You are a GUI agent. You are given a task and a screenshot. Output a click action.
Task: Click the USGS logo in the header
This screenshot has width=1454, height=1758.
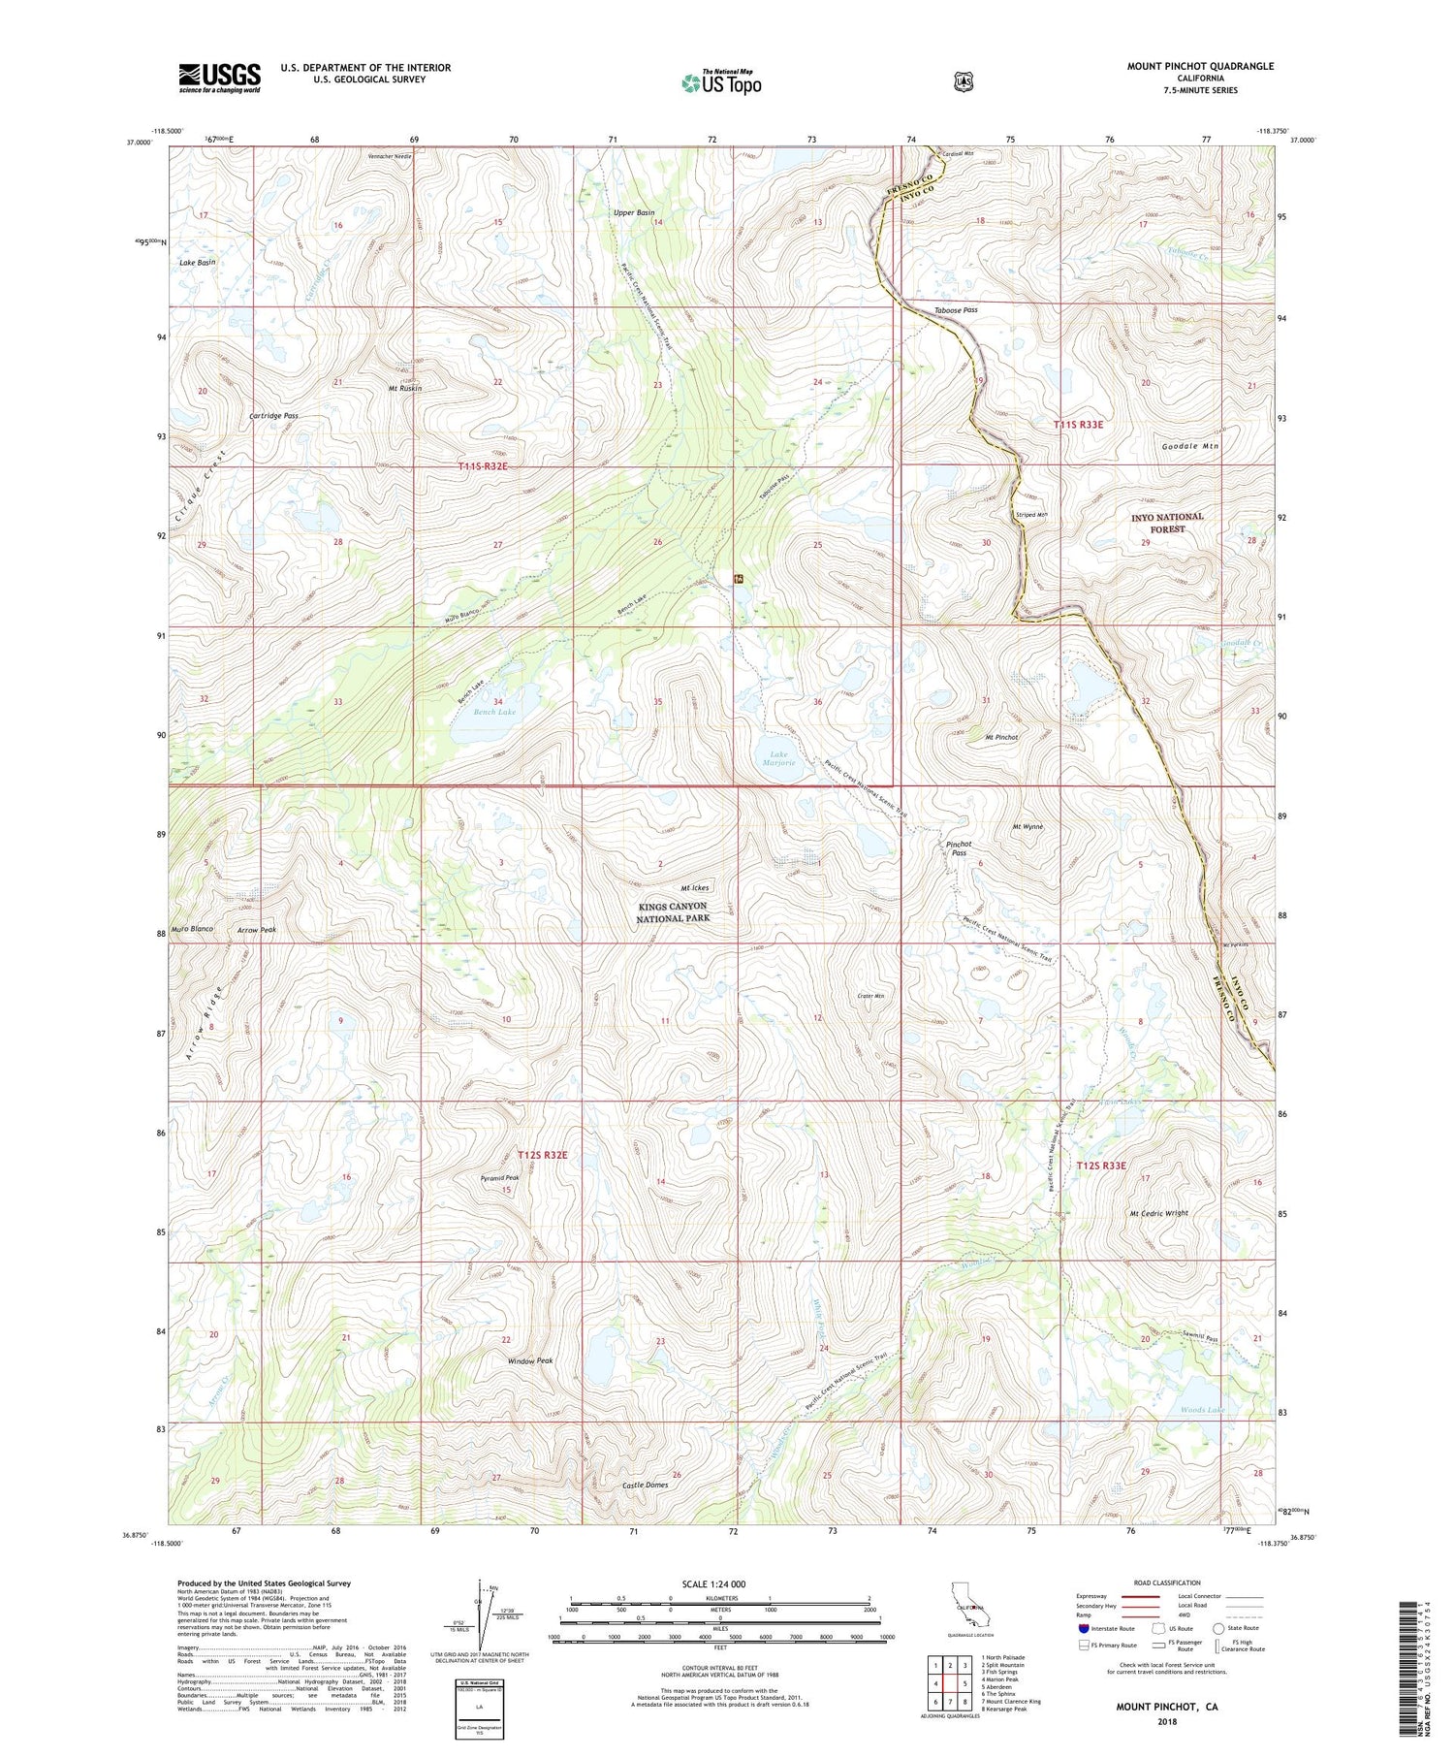point(219,78)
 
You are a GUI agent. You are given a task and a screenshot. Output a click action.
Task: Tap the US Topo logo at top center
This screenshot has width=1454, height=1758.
point(721,82)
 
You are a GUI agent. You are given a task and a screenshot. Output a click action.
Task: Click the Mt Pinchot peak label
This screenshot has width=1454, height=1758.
point(1001,738)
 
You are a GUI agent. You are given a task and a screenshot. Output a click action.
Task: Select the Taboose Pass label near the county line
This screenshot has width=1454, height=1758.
point(956,310)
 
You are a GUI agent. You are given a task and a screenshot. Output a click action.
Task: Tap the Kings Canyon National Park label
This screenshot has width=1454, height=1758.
point(674,911)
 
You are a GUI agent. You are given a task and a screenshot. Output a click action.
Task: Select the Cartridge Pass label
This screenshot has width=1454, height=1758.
point(273,415)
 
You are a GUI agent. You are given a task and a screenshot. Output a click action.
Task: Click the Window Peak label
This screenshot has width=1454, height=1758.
point(530,1360)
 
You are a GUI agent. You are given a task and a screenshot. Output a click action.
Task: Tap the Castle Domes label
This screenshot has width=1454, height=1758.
point(645,1485)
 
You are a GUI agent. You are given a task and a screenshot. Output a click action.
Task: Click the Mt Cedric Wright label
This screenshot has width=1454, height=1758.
point(1158,1213)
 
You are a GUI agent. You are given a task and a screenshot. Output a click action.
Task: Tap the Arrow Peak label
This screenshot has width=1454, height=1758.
point(257,930)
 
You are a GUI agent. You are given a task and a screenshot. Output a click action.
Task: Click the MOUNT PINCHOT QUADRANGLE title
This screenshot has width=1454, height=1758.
point(1200,66)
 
